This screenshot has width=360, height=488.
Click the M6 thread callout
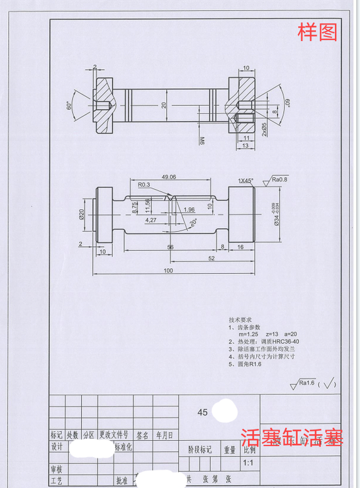(202, 139)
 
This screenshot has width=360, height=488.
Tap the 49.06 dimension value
(168, 177)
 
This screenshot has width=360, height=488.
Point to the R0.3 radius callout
(144, 184)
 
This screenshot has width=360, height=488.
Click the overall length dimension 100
(168, 270)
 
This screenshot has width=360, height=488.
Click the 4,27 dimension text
(150, 220)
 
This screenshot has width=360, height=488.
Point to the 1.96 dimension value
(189, 210)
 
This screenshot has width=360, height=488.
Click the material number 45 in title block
(203, 413)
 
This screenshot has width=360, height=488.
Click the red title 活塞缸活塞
(292, 437)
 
